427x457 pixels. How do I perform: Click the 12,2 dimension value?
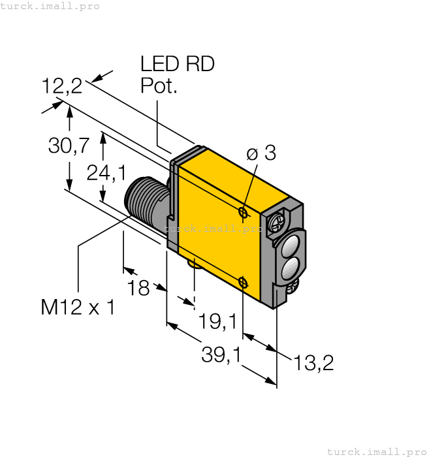[x=62, y=86]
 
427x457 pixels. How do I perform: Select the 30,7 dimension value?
[x=69, y=146]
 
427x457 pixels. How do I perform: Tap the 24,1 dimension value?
[x=107, y=172]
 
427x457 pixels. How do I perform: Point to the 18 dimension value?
[x=138, y=288]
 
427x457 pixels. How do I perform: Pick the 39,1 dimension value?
[x=221, y=355]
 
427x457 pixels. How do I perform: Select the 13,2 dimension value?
[x=313, y=363]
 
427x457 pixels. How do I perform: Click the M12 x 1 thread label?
[x=78, y=307]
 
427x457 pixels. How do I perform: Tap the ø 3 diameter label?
[x=261, y=153]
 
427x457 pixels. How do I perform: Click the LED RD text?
[x=178, y=64]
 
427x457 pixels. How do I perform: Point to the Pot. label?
[x=159, y=86]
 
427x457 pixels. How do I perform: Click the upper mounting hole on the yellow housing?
[x=243, y=213]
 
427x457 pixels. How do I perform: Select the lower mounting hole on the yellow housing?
[x=243, y=282]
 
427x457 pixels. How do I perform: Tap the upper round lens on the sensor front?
[x=288, y=245]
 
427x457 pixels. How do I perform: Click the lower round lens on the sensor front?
[x=288, y=267]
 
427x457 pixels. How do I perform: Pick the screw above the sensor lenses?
[x=276, y=223]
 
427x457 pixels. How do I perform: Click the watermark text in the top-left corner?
[x=50, y=6]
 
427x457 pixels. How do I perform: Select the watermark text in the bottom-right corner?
[x=375, y=451]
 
